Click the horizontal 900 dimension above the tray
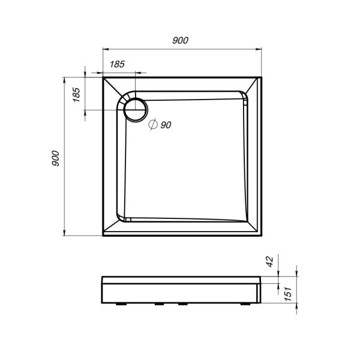180,40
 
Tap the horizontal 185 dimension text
118,64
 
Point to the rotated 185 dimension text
76,94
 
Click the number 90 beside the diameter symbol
166,125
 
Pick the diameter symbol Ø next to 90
153,125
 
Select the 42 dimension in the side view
269,262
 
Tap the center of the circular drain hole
135,109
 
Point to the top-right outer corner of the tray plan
262,76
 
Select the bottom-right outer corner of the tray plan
262,235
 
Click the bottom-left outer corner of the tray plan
103,235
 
